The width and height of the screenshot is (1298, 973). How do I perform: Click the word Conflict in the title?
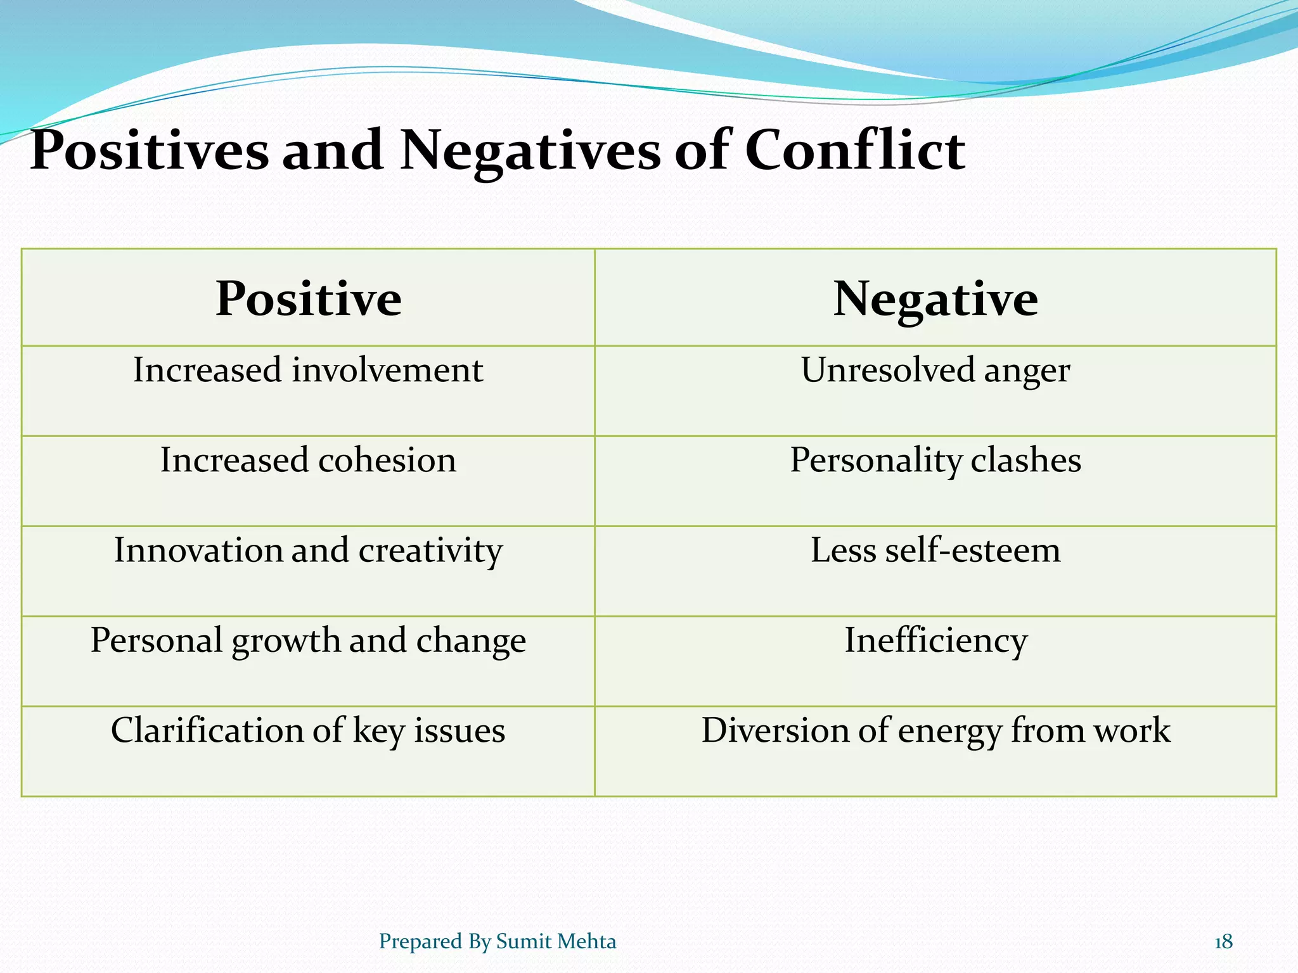pos(854,151)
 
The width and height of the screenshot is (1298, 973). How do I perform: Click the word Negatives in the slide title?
pos(530,151)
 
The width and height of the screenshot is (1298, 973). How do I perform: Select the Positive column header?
pos(308,298)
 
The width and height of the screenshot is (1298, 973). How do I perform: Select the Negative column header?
pos(935,298)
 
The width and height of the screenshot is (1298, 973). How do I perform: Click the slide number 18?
pos(1223,942)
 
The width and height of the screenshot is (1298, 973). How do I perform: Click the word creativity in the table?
pos(431,550)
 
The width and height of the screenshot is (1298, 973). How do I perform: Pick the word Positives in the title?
pos(150,151)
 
